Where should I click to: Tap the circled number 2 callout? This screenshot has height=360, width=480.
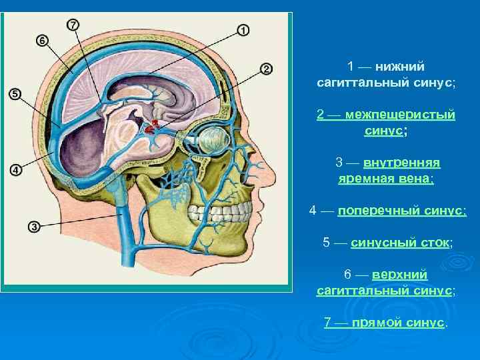[x=265, y=69]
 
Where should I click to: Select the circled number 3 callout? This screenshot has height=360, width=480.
[x=34, y=227]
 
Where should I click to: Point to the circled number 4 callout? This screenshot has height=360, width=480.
[x=16, y=170]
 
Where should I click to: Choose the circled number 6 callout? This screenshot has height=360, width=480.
[x=42, y=41]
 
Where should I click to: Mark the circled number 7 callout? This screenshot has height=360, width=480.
[x=73, y=25]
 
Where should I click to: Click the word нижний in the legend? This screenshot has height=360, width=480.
[x=399, y=67]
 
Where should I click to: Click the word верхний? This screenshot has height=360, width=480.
[x=400, y=275]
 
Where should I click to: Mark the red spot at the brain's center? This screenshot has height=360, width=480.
[x=155, y=125]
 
